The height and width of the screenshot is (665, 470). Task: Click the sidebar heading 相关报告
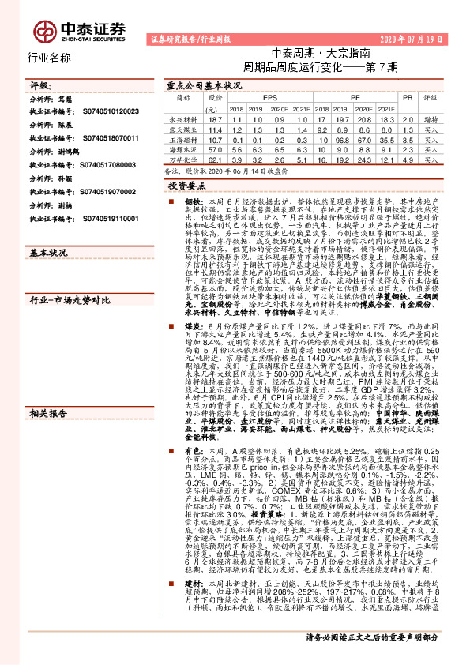(x=48, y=325)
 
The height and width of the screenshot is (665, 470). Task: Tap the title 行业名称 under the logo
(x=49, y=58)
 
